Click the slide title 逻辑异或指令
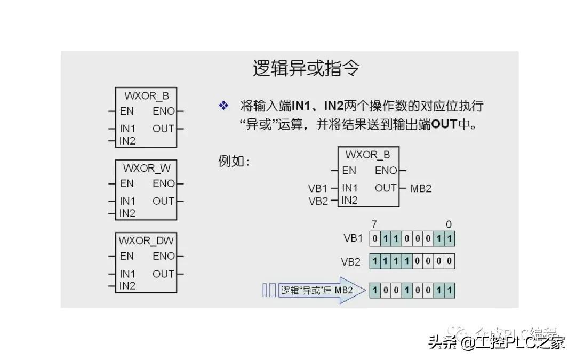[306, 69]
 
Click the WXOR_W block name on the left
[147, 168]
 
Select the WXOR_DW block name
[147, 241]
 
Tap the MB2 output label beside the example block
[421, 188]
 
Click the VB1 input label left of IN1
[317, 188]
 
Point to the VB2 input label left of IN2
[317, 201]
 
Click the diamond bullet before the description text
[223, 106]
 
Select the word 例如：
[234, 161]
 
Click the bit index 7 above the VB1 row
[374, 224]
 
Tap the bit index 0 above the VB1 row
[449, 224]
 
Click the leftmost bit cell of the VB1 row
[375, 238]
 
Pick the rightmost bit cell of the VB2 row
[449, 261]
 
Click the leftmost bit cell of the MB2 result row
[375, 291]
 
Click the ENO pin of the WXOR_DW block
[163, 256]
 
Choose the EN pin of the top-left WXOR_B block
[127, 111]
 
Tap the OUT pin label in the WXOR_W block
[163, 201]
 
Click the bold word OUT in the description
[444, 124]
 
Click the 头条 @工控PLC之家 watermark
[496, 342]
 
